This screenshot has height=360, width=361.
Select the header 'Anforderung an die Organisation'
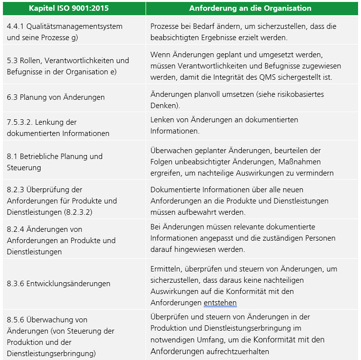(x=250, y=8)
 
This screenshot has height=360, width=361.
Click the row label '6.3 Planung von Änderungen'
(x=56, y=97)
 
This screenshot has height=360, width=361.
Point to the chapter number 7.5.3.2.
(x=21, y=122)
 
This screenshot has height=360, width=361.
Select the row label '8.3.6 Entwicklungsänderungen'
(x=58, y=283)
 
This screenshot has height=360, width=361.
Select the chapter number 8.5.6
(x=16, y=319)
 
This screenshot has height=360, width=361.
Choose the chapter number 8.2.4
(x=16, y=229)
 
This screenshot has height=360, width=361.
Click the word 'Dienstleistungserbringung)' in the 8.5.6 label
(x=51, y=353)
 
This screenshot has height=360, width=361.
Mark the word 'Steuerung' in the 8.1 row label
(x=23, y=167)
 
